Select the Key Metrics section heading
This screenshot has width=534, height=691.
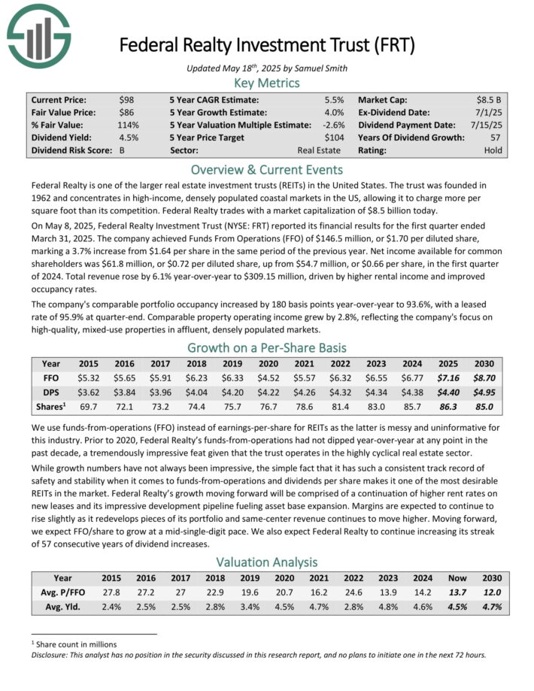267,82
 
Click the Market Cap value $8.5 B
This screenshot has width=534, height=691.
488,99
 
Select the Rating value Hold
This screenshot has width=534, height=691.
493,150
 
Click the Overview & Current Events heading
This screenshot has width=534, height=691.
267,169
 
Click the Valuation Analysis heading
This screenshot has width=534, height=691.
267,561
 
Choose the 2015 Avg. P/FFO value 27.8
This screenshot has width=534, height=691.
111,593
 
